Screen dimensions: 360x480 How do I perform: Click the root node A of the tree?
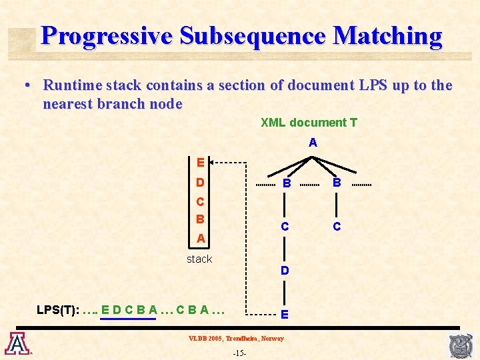(313, 143)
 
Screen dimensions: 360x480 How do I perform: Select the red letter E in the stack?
(200, 162)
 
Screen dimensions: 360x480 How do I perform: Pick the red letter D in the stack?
(200, 183)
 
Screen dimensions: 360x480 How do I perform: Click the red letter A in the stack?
(201, 238)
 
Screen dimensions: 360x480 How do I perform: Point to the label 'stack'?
(199, 259)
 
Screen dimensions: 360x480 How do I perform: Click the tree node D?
(285, 271)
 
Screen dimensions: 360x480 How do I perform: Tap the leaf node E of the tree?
(285, 314)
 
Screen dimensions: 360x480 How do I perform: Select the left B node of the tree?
(285, 183)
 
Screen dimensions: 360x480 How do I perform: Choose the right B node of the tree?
(337, 183)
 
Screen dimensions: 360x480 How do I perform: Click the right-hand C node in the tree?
(337, 227)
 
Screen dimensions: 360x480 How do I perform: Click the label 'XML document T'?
(309, 123)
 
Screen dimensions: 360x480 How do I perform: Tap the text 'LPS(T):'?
(57, 310)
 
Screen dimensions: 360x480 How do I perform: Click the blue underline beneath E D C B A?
(127, 319)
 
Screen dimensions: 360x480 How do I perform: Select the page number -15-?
(239, 352)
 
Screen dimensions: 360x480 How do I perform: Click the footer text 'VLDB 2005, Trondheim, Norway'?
(235, 339)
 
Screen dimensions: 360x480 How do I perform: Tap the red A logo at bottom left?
(15, 343)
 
